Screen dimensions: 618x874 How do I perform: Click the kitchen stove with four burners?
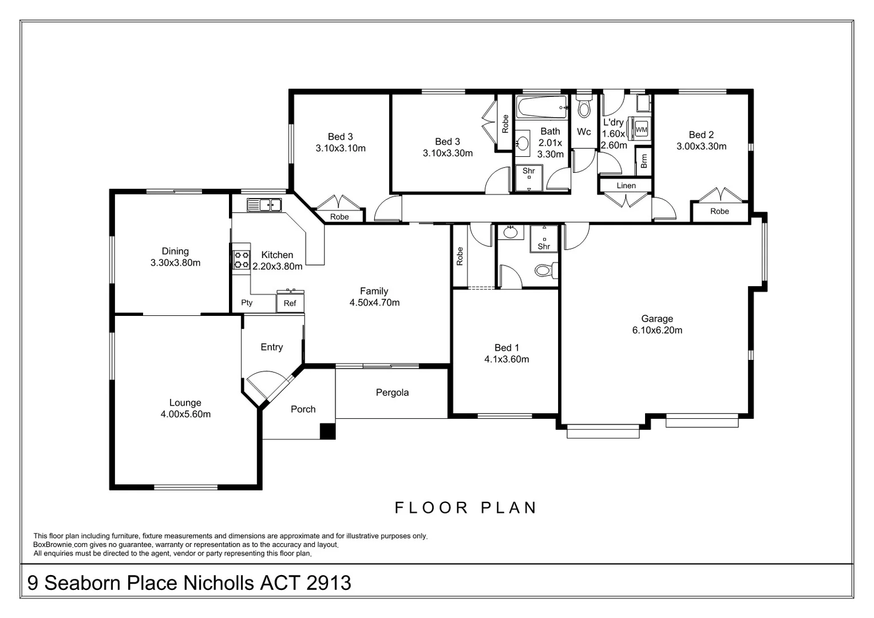click(x=241, y=260)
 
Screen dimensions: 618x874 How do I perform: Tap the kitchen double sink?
click(x=264, y=204)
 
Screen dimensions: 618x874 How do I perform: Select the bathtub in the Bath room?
click(x=541, y=107)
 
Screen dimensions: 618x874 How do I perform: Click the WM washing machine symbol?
click(x=641, y=129)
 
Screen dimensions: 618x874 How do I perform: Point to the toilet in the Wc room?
click(x=584, y=107)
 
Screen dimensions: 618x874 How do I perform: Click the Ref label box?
click(x=290, y=303)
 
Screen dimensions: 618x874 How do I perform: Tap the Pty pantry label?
click(x=247, y=303)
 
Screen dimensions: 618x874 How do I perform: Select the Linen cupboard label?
click(x=626, y=185)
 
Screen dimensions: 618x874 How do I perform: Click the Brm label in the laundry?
click(x=644, y=161)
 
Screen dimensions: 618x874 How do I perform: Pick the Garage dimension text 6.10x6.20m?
click(x=657, y=330)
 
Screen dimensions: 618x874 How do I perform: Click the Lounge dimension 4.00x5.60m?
click(x=185, y=414)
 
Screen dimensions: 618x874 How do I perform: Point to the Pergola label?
click(x=392, y=393)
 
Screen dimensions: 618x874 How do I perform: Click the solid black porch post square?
click(x=327, y=431)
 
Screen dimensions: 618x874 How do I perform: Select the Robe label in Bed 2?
click(x=719, y=211)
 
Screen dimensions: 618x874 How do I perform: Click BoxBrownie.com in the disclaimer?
click(x=61, y=545)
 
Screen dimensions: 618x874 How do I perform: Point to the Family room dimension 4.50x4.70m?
click(x=374, y=303)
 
